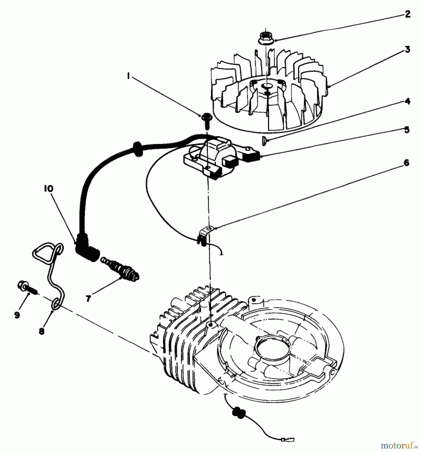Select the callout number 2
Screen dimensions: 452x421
(x=407, y=14)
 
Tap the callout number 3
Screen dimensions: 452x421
(x=407, y=49)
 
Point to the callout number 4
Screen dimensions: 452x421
(x=407, y=101)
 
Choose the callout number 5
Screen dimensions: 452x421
(x=407, y=130)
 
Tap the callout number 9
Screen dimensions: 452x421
(x=17, y=315)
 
